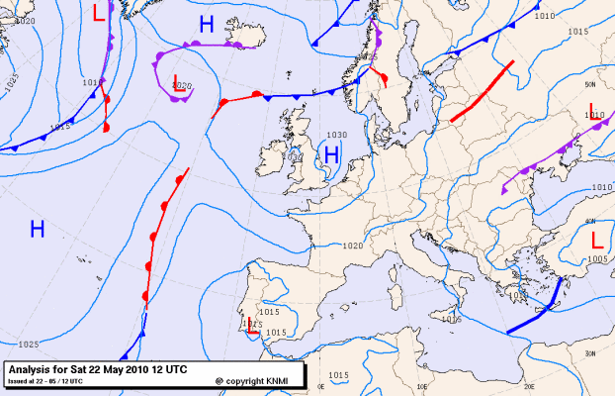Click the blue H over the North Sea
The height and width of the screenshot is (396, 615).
click(x=332, y=154)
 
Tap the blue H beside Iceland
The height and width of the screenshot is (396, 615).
click(x=206, y=26)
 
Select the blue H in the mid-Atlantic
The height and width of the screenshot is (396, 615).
click(x=38, y=230)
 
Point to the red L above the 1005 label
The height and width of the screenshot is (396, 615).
click(x=597, y=241)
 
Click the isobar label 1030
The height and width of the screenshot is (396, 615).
click(x=337, y=135)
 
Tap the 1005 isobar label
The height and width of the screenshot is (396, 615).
click(x=597, y=258)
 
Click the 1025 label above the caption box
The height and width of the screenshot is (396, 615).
click(x=28, y=345)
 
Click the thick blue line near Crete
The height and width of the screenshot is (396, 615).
click(x=535, y=310)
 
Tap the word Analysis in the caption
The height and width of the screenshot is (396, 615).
click(x=35, y=369)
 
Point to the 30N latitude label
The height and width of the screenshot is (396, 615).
click(x=589, y=353)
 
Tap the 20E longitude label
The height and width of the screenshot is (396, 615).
click(x=529, y=387)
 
